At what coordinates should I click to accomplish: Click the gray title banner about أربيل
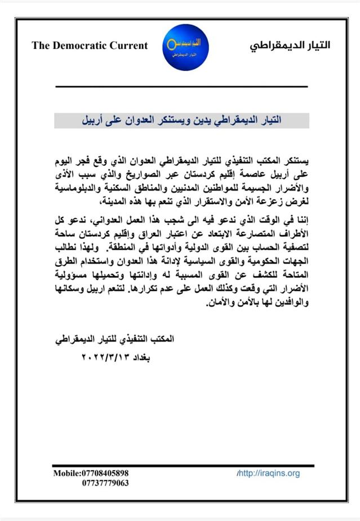[181, 121]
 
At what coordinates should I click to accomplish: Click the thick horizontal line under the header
[181, 86]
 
